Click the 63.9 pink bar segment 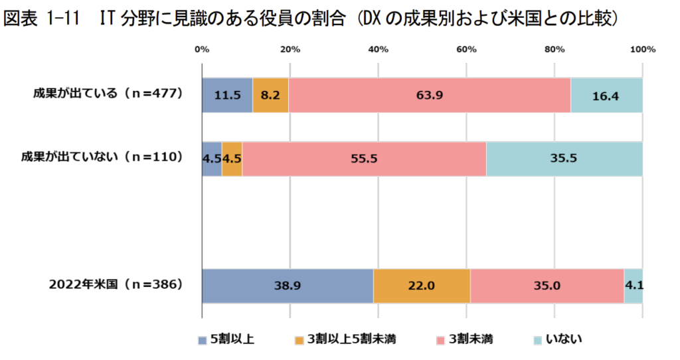click(430, 95)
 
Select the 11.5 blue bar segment click(227, 95)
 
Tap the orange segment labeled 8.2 click(270, 95)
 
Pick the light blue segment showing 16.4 click(606, 95)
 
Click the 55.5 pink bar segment click(364, 159)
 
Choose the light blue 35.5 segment click(564, 159)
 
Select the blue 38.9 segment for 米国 click(288, 286)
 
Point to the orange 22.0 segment click(422, 286)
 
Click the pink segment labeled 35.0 click(547, 286)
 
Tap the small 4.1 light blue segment click(633, 286)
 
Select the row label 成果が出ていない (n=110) click(102, 157)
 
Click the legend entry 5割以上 click(226, 340)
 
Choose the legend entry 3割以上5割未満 click(339, 340)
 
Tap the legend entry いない click(558, 340)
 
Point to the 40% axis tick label click(378, 49)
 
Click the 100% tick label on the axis click(642, 49)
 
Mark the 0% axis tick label click(202, 49)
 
